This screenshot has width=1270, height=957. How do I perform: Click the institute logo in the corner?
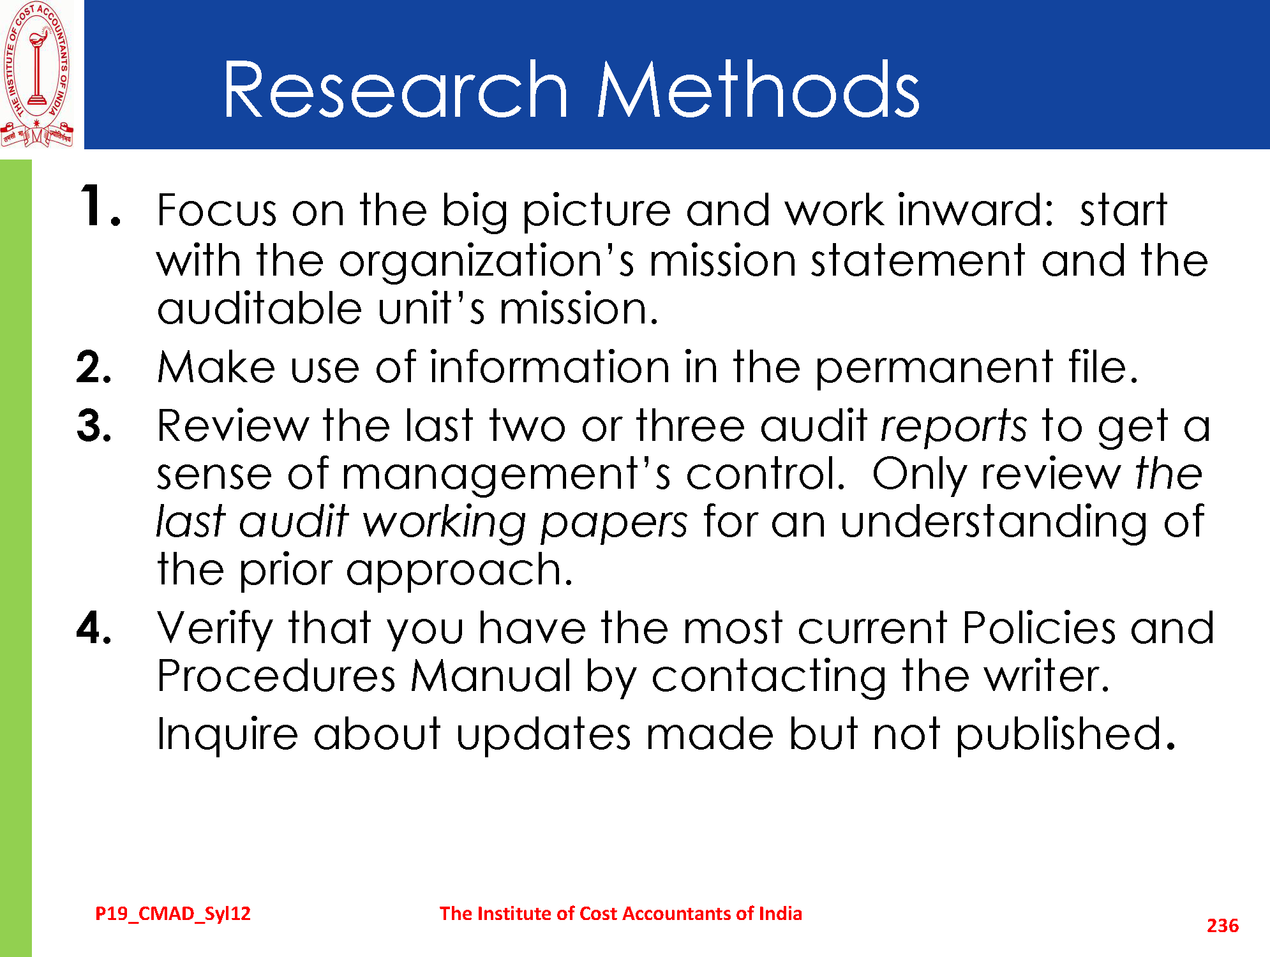[37, 74]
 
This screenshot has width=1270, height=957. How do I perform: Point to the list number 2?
[94, 367]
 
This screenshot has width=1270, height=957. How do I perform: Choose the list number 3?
[94, 426]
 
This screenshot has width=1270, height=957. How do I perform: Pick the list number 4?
[94, 628]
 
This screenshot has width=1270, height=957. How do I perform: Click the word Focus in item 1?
[218, 210]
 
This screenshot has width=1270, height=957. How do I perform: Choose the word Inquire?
[227, 735]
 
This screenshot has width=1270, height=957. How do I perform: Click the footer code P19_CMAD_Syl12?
[173, 914]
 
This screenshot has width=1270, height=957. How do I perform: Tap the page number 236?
[1222, 926]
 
